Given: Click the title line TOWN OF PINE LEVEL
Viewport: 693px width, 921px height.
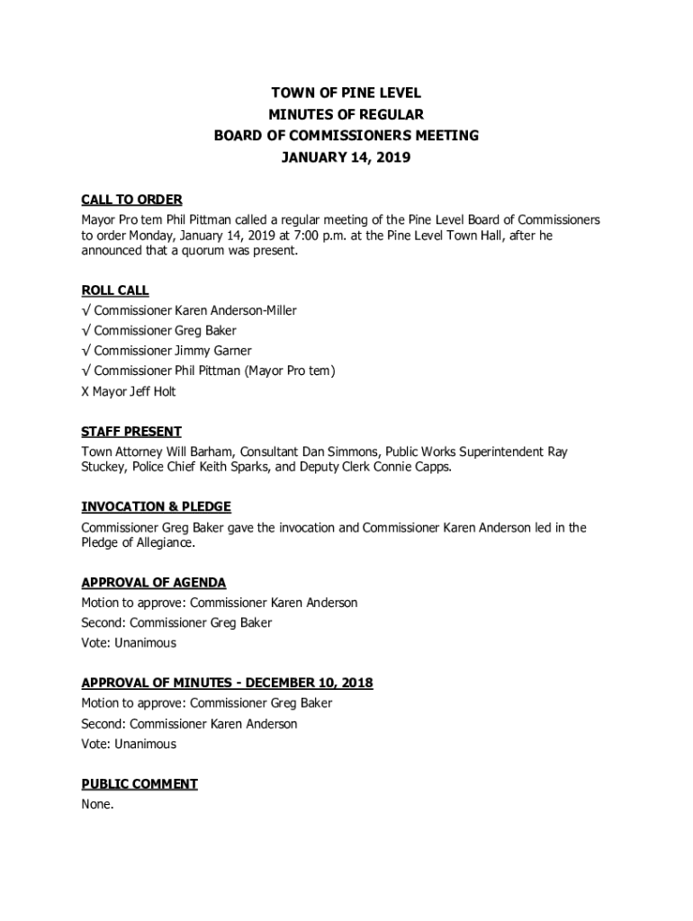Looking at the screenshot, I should click(346, 93).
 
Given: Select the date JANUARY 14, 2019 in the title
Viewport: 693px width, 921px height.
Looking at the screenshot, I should click(346, 157).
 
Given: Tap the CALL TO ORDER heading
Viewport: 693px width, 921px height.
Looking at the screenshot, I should click(131, 200).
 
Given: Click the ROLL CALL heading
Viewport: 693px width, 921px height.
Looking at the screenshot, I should click(115, 291).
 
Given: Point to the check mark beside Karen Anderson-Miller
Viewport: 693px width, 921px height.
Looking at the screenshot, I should click(85, 310).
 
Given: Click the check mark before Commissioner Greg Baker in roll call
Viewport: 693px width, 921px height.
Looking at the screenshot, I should click(85, 330).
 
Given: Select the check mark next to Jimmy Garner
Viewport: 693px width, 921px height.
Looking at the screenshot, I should click(85, 351).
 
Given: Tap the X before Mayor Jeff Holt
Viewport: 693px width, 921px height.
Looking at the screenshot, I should click(85, 391).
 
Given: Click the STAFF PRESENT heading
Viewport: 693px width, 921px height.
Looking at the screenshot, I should click(131, 432).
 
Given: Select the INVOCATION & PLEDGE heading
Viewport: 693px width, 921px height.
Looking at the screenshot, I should click(156, 507).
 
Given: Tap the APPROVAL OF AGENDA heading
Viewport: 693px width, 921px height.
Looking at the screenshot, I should click(154, 583).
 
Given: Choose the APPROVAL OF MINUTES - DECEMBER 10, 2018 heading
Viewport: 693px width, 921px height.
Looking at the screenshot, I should click(227, 684).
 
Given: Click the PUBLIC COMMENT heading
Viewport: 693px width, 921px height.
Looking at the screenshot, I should click(139, 784).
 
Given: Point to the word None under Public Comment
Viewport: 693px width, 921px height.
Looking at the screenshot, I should click(97, 804).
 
